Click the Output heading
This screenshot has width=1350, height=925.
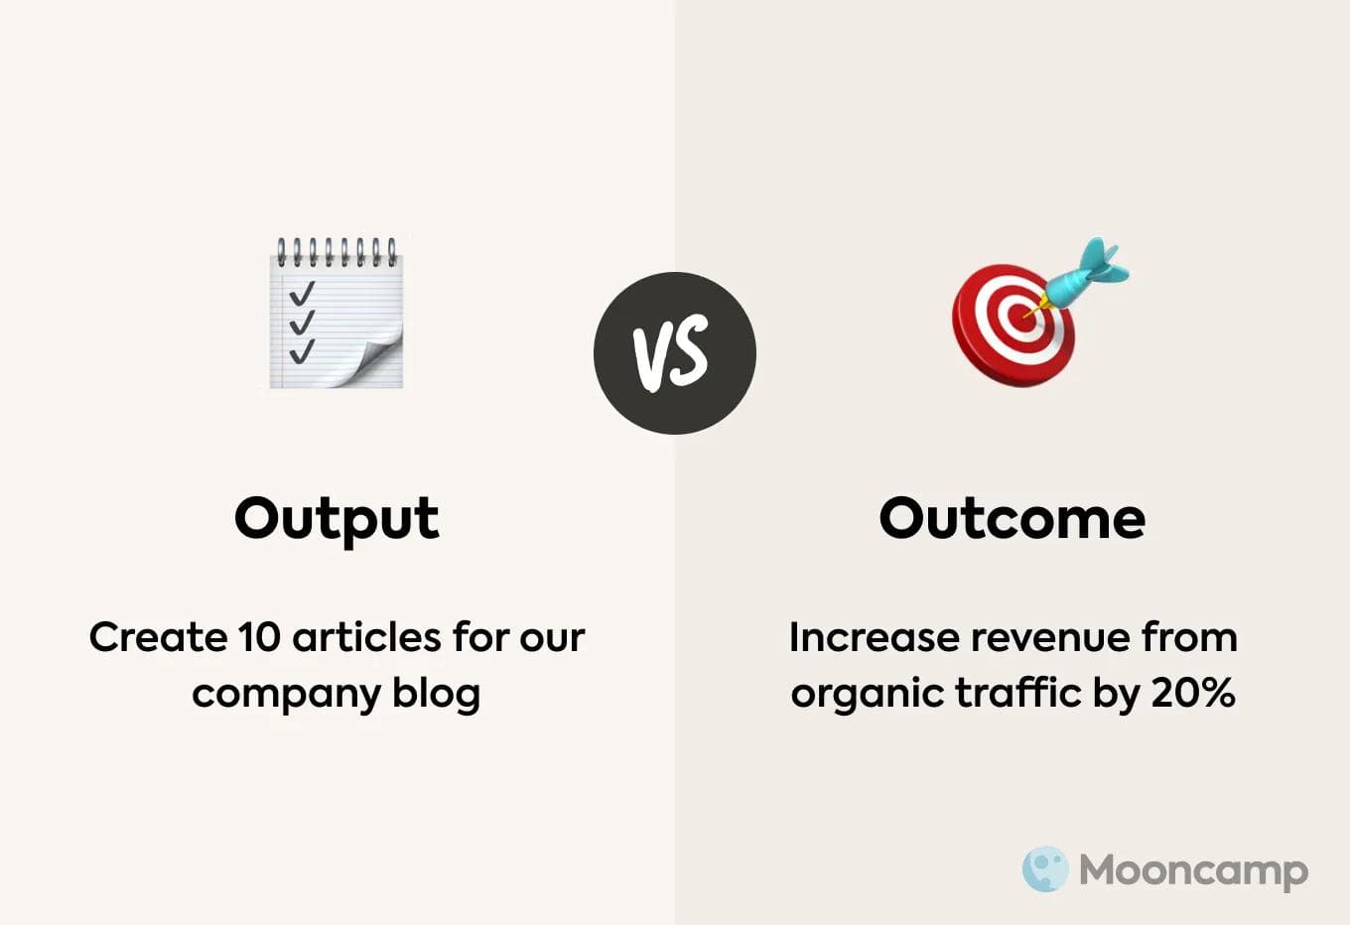pyautogui.click(x=337, y=518)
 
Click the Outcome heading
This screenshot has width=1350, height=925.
pyautogui.click(x=1012, y=518)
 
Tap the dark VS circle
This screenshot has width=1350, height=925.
pyautogui.click(x=675, y=353)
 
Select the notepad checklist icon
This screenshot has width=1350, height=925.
pyautogui.click(x=336, y=314)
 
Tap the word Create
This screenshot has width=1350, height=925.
pyautogui.click(x=158, y=637)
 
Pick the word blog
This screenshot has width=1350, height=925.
pyautogui.click(x=436, y=694)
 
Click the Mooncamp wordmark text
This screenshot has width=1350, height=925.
pyautogui.click(x=1193, y=870)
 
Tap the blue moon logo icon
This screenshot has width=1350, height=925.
pyautogui.click(x=1045, y=869)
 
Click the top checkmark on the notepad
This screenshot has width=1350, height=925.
pyautogui.click(x=301, y=293)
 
